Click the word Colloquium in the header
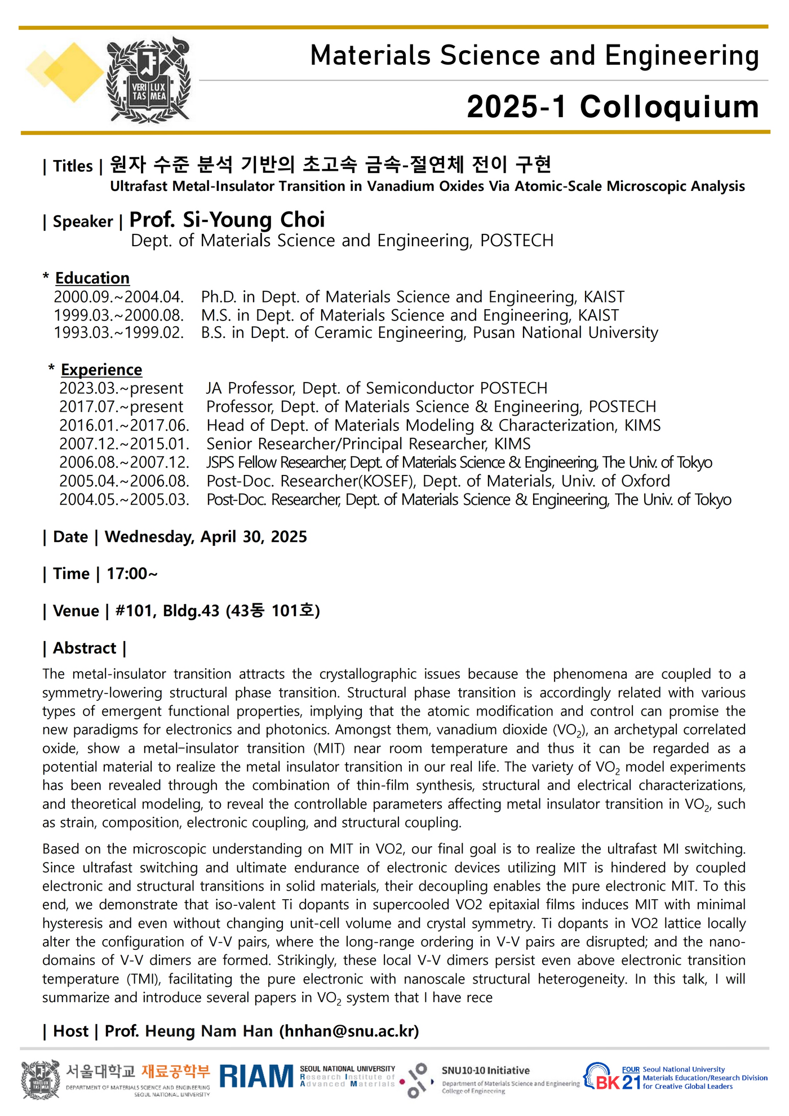point(669,106)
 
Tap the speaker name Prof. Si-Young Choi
point(227,220)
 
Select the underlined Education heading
point(92,278)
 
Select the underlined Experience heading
point(101,370)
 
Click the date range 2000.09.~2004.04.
point(119,297)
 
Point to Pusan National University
point(565,332)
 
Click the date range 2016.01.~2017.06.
point(124,425)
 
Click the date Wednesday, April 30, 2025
point(206,537)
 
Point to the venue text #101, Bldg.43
point(167,611)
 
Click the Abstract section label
point(85,648)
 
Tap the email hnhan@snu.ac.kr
point(349,1031)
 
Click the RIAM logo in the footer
point(256,1076)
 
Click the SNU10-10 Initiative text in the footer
point(485,1070)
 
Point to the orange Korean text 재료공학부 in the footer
point(175,1071)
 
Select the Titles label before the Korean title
point(73,166)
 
